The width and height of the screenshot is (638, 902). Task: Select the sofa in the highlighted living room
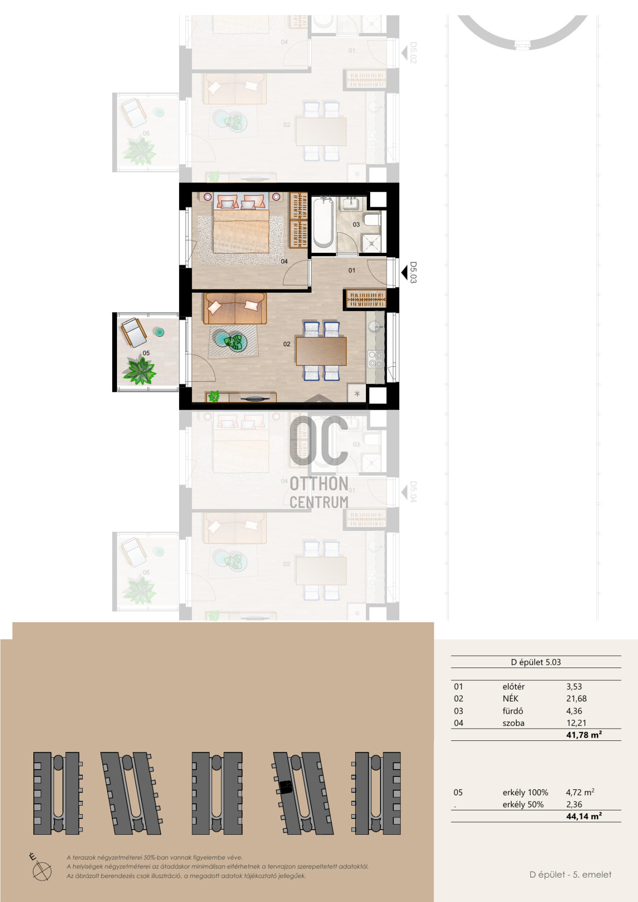pyautogui.click(x=234, y=308)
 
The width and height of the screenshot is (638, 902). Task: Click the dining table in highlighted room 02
pyautogui.click(x=321, y=351)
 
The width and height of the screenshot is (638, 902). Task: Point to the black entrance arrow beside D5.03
pyautogui.click(x=404, y=272)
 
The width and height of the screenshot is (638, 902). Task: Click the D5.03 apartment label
pyautogui.click(x=413, y=272)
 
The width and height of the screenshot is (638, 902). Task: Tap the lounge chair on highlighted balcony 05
pyautogui.click(x=133, y=332)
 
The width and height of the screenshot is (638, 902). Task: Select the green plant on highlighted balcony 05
pyautogui.click(x=139, y=371)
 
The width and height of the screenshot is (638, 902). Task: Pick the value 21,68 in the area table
pyautogui.click(x=576, y=699)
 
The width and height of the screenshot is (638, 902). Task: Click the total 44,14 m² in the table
pyautogui.click(x=584, y=816)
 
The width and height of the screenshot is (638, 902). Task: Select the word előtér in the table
pyautogui.click(x=514, y=686)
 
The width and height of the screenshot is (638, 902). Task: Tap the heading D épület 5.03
pyautogui.click(x=536, y=662)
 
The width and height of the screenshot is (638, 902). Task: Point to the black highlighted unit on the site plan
pyautogui.click(x=285, y=787)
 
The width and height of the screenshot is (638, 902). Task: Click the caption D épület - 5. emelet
pyautogui.click(x=570, y=874)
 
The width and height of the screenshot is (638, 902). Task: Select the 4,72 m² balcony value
pyautogui.click(x=580, y=792)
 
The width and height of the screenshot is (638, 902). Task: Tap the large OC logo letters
pyautogui.click(x=319, y=441)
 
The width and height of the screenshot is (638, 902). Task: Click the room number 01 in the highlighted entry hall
pyautogui.click(x=352, y=270)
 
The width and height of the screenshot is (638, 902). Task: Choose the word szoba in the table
pyautogui.click(x=514, y=723)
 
